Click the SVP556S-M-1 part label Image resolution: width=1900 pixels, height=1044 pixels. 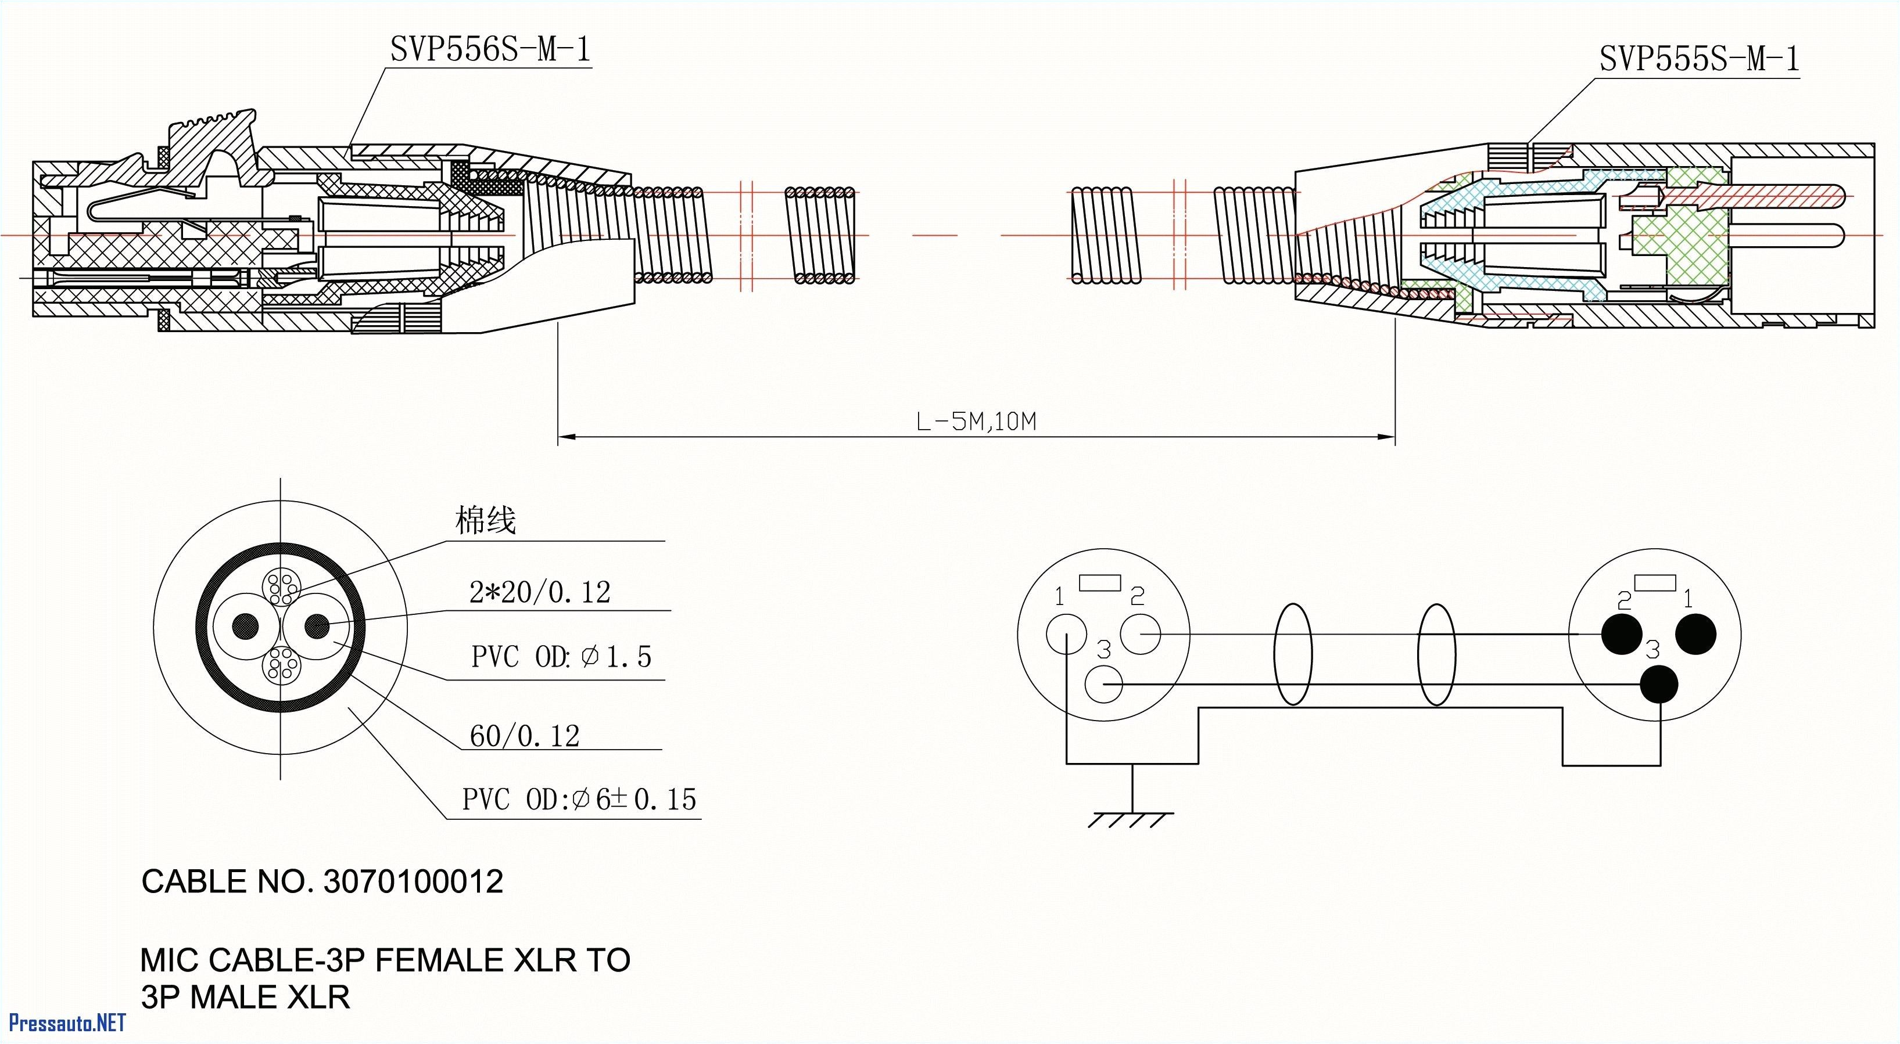[490, 49]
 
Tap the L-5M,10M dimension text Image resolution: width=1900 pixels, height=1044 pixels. [976, 422]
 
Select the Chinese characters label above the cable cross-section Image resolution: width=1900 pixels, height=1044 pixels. [485, 520]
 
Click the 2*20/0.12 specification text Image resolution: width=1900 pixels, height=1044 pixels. [540, 592]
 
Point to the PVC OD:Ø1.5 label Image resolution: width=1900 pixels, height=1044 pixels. [561, 656]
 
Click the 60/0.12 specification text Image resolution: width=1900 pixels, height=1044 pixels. [525, 736]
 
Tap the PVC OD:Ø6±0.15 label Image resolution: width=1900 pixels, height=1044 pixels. [579, 799]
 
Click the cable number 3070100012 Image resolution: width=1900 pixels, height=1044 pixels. [413, 882]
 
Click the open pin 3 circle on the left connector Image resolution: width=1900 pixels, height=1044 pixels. [1104, 685]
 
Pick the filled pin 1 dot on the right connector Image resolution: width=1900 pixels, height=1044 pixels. [1695, 634]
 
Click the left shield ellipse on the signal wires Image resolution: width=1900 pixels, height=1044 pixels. [1293, 655]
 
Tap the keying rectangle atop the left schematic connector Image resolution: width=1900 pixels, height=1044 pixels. [1100, 582]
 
